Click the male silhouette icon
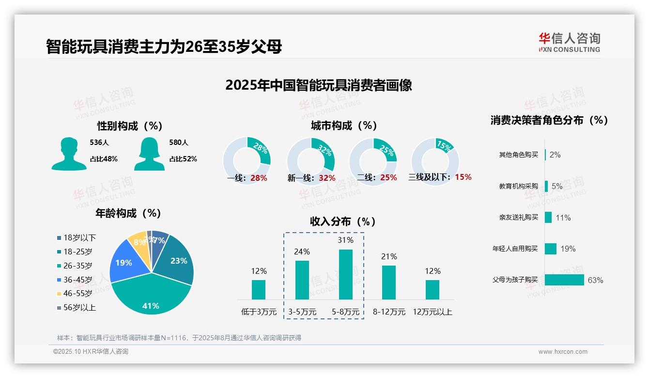(69, 154)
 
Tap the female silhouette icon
(149, 154)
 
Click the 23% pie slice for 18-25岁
(177, 259)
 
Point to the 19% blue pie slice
(125, 264)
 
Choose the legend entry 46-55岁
(77, 294)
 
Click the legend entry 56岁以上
(79, 308)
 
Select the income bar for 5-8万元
(345, 274)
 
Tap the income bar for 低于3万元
(259, 289)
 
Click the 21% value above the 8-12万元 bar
(389, 257)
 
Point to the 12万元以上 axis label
(433, 312)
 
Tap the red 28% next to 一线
(259, 178)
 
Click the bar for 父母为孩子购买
(564, 280)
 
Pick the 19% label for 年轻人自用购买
(568, 249)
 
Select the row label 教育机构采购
(518, 186)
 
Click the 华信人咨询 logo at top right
(569, 42)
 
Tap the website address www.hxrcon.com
(563, 352)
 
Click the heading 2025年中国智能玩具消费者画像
(318, 85)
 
